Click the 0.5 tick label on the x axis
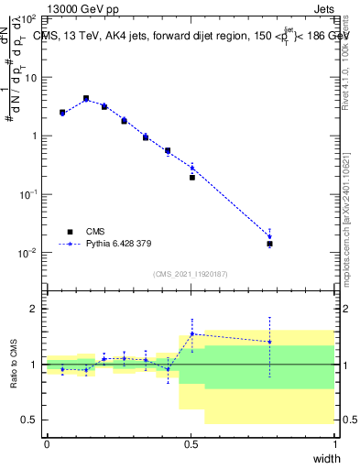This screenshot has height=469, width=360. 191,444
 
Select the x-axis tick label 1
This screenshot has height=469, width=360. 334,444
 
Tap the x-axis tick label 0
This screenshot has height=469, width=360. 47,444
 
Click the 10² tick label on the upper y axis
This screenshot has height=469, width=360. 30,18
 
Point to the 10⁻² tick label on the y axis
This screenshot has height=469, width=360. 30,253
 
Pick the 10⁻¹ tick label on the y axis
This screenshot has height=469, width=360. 30,194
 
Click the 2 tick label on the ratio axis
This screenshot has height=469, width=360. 35,309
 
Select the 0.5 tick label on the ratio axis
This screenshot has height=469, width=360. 32,420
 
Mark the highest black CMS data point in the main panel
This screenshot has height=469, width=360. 86,98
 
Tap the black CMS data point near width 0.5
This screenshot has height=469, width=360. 192,177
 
